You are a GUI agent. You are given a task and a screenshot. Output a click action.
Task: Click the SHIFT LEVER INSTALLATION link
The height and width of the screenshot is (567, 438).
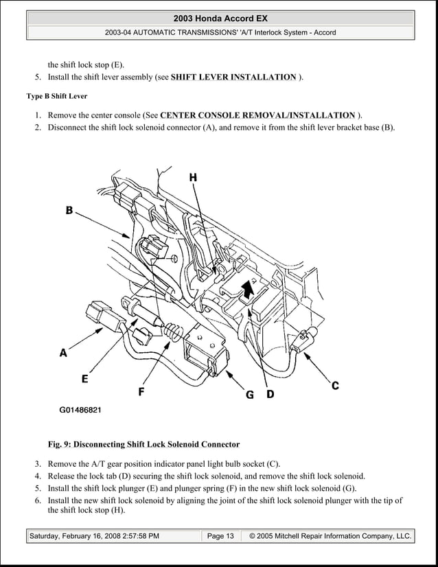pyautogui.click(x=233, y=77)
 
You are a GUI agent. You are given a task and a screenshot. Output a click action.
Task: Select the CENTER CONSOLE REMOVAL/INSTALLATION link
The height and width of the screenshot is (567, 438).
pyautogui.click(x=257, y=115)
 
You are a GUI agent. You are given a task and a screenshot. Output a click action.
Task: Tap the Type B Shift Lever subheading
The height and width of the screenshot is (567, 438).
pyautogui.click(x=56, y=95)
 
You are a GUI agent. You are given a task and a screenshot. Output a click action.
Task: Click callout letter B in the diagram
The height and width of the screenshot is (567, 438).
pyautogui.click(x=69, y=211)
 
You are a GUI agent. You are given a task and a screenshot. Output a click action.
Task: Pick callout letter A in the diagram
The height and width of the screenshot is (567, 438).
pyautogui.click(x=63, y=354)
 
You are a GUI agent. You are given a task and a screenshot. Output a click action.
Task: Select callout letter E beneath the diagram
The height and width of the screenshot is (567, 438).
pyautogui.click(x=84, y=378)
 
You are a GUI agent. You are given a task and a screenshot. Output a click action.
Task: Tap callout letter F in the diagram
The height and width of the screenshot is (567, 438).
pyautogui.click(x=141, y=392)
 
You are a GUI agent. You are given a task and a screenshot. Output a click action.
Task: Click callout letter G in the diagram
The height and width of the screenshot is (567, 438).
pyautogui.click(x=250, y=395)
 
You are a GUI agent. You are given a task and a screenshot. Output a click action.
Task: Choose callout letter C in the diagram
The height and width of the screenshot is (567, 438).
pyautogui.click(x=335, y=386)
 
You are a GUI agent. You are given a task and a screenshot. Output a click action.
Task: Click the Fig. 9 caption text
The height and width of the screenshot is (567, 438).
pyautogui.click(x=148, y=444)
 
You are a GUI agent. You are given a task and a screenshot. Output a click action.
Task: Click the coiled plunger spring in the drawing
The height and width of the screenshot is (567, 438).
pyautogui.click(x=174, y=334)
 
